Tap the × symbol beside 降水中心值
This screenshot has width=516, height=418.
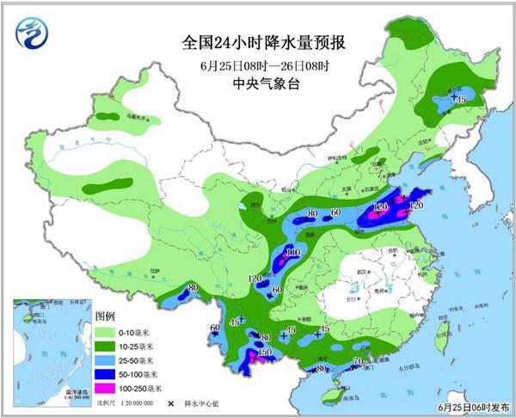[170, 403]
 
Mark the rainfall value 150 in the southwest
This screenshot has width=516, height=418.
[265, 353]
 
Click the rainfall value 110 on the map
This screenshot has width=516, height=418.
[292, 252]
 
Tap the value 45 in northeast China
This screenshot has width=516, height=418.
[460, 101]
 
